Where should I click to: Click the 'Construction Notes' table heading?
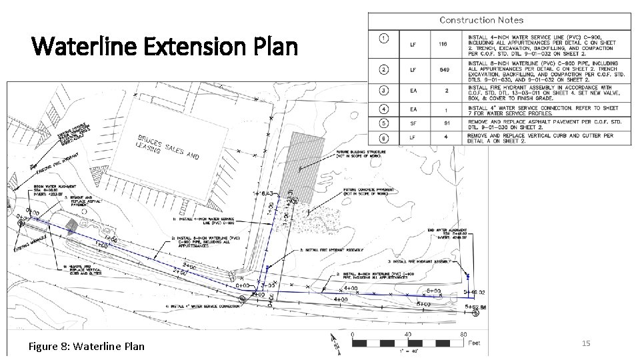(499, 20)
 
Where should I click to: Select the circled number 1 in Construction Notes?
(383, 38)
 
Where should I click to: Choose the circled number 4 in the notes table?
(383, 108)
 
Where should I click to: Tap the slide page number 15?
(587, 343)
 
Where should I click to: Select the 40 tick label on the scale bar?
(407, 334)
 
